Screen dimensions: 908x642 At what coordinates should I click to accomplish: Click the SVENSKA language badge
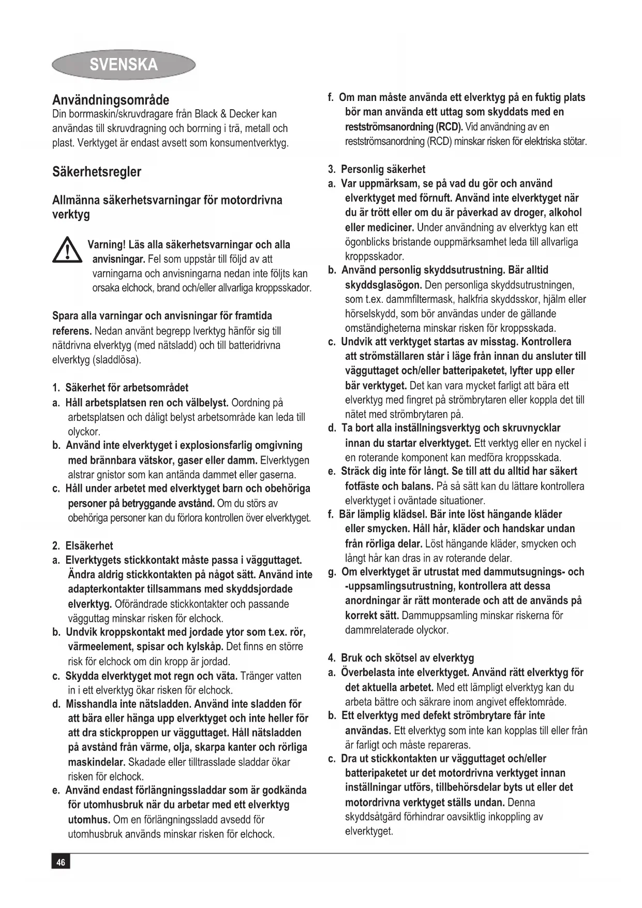point(124,65)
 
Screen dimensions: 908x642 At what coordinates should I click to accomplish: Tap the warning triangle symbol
point(67,250)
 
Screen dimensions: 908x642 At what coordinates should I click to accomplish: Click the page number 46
point(61,862)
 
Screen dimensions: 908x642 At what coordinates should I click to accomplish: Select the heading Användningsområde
point(111,100)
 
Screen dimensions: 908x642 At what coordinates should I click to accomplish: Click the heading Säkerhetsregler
point(97,172)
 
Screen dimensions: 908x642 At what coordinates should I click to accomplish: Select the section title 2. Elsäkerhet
point(83,546)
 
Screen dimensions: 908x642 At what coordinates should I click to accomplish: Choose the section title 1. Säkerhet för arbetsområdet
point(121,388)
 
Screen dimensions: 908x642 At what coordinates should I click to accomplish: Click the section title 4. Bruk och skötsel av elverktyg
point(401,658)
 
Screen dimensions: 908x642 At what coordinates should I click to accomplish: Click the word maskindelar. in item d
point(97,762)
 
